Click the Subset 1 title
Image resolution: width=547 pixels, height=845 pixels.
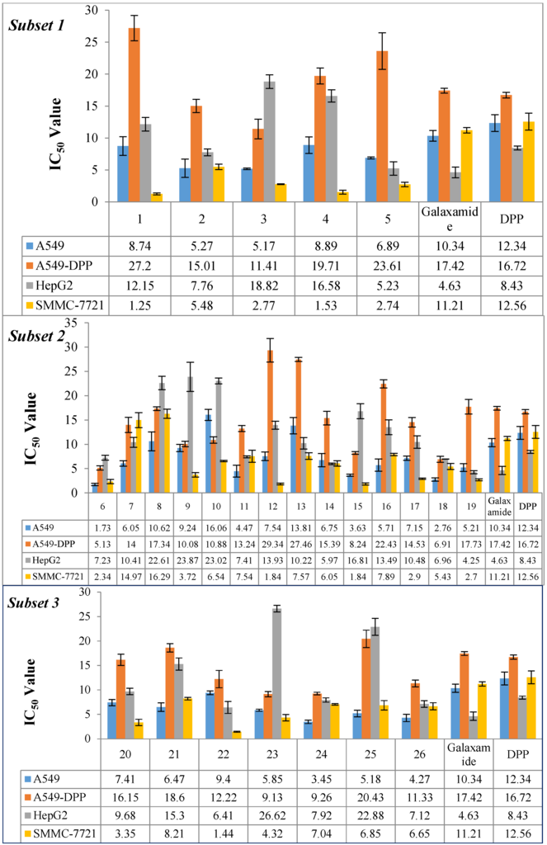coord(36,26)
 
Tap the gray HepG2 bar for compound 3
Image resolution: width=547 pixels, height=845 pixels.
coord(269,142)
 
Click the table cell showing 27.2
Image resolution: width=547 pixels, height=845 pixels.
coord(139,266)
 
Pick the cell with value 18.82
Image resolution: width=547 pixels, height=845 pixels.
coord(263,286)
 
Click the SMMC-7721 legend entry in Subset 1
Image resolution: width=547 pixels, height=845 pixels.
coord(65,305)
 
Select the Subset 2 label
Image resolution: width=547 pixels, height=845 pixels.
coord(36,337)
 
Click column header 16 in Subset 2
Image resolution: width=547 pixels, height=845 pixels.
coord(386,507)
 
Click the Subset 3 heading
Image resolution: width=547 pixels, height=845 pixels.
coord(33,603)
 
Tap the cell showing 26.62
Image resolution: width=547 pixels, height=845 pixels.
coord(272,815)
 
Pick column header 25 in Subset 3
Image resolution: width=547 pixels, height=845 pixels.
coord(370,754)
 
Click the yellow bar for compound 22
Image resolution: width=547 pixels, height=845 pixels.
coord(237,735)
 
